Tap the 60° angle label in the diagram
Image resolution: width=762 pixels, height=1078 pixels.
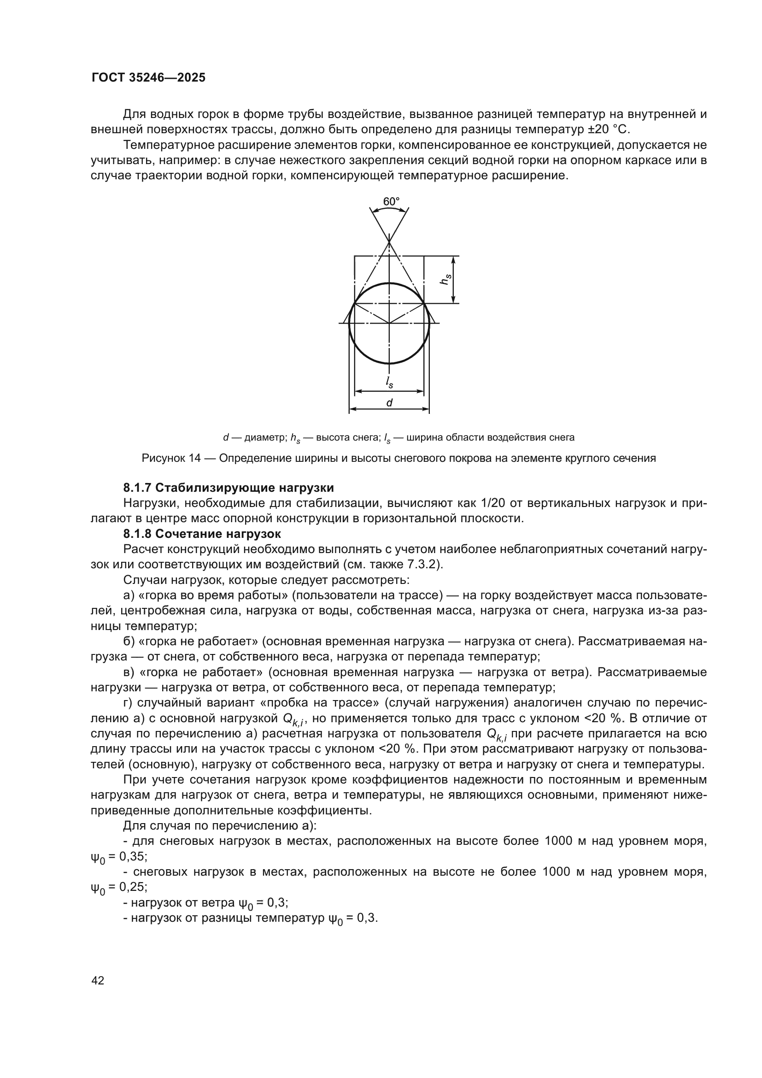(x=391, y=201)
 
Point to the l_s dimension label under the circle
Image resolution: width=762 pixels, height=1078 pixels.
(x=389, y=382)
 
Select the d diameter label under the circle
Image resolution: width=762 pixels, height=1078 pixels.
(x=389, y=403)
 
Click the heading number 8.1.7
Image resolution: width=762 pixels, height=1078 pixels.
(x=137, y=487)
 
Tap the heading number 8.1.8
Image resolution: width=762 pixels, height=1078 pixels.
(x=137, y=534)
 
